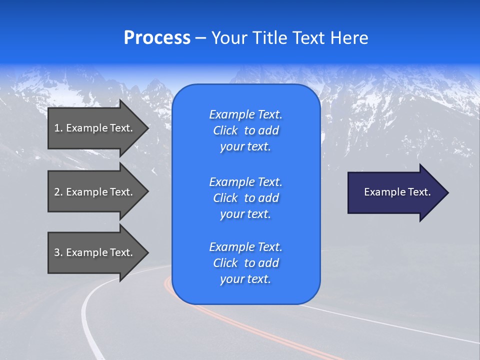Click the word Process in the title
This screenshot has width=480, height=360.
[x=157, y=38]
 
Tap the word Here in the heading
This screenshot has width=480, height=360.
[x=349, y=38]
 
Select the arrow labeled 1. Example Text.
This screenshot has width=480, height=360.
[x=95, y=128]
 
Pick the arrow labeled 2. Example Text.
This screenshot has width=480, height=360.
[x=95, y=192]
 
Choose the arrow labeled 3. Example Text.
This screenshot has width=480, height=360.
[x=95, y=252]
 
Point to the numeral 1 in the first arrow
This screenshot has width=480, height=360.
[x=57, y=128]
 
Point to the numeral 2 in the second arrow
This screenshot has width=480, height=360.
[x=57, y=192]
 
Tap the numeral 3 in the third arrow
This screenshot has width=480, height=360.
[x=57, y=252]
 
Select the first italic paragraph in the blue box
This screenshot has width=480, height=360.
[x=245, y=130]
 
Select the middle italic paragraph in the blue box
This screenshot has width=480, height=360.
[x=245, y=198]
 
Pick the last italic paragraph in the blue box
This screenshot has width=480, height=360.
[x=245, y=263]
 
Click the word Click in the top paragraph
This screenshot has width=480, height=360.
[x=225, y=131]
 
